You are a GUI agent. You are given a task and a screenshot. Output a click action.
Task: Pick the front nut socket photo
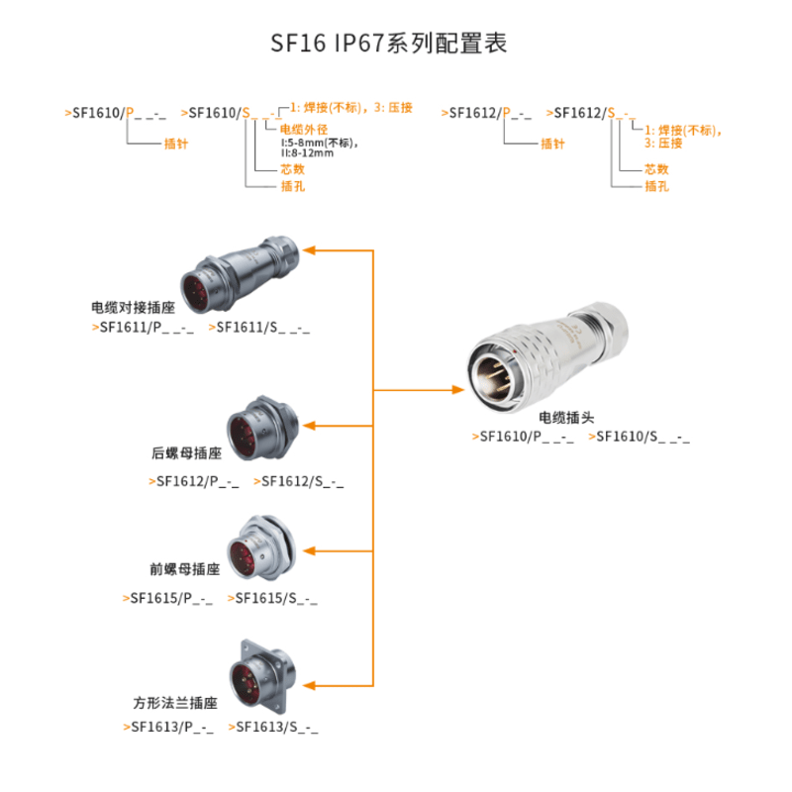[258, 547]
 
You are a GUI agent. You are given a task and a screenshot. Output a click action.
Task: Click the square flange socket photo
[259, 678]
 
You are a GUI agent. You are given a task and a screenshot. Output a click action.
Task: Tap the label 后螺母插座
[186, 453]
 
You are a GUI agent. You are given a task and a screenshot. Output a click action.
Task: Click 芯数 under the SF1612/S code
[656, 169]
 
